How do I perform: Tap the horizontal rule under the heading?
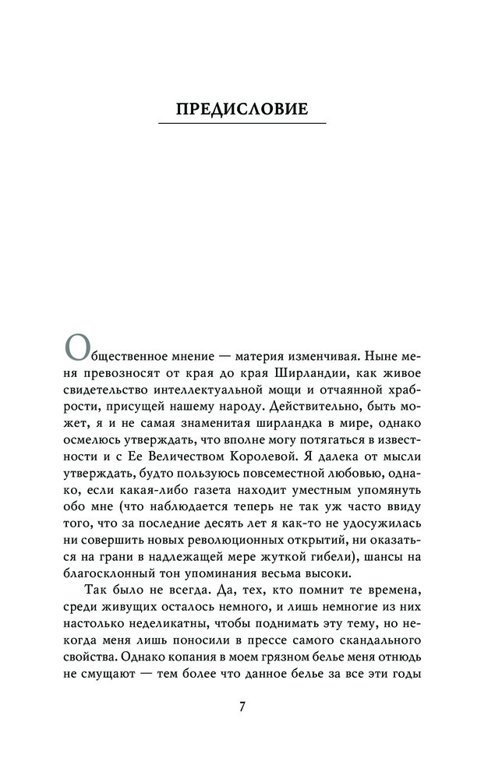pyautogui.click(x=242, y=124)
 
